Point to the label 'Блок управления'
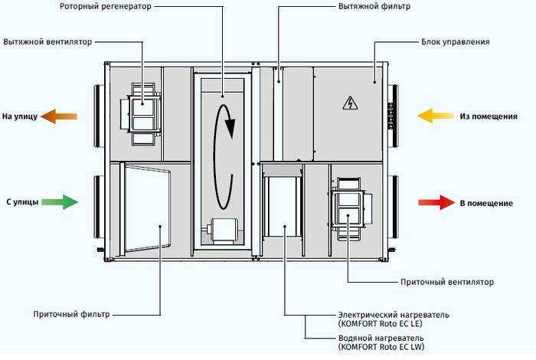pos(455,41)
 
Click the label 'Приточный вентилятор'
pos(447,282)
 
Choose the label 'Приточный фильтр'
pos(71,314)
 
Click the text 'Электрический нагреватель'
pos(394,315)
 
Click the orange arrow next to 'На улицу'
pos(59,116)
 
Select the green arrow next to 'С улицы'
pos(60,202)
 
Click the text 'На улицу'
pos(19,117)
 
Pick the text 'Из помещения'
pos(485,117)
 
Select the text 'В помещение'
pos(485,203)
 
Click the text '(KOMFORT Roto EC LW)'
pos(377,348)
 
